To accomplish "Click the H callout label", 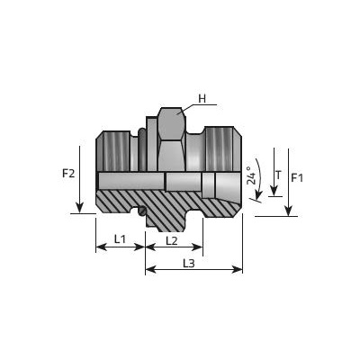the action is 202,99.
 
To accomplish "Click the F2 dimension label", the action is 68,174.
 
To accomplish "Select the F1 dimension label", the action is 297,178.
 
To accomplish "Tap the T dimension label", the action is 279,175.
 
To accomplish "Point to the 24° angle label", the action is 251,175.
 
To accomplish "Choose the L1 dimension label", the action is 120,239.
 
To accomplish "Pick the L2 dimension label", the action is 172,240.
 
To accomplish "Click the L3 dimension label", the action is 189,264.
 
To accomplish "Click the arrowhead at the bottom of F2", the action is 79,208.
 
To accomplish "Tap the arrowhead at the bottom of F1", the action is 288,211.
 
